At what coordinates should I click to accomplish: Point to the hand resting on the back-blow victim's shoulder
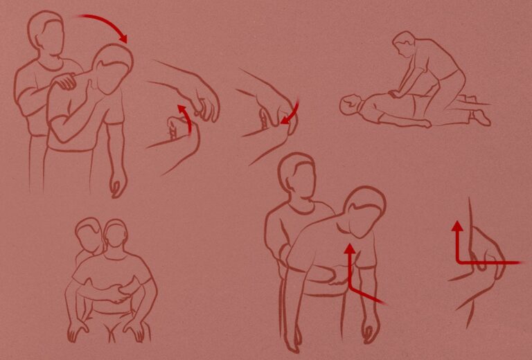(66, 81)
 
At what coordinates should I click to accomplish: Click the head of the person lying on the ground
(351, 105)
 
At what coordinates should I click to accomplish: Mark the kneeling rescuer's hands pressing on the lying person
(393, 94)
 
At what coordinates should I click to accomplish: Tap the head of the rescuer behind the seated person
(89, 234)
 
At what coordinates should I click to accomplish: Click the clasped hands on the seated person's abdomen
(125, 296)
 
